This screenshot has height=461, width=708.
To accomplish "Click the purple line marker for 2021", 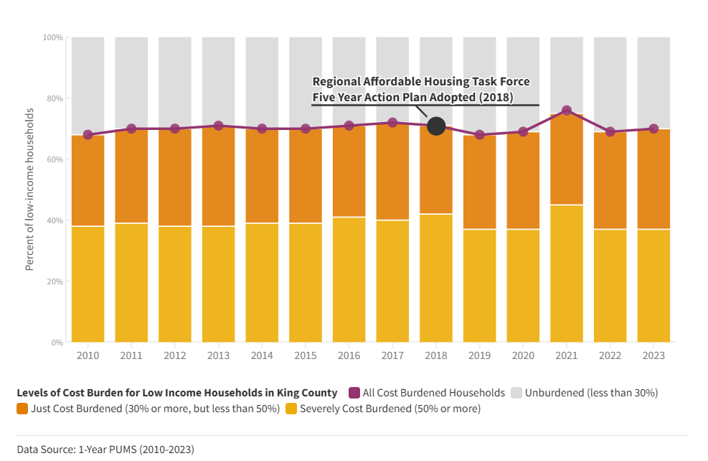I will [x=567, y=111].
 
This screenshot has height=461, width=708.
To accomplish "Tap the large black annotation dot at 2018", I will [x=436, y=126].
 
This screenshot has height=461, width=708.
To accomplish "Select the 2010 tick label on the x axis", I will [x=88, y=355].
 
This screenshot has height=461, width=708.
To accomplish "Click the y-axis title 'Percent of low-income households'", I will [x=29, y=190].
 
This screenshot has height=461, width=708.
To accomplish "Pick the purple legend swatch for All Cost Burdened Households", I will [x=354, y=393].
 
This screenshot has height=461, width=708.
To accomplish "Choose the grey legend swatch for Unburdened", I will [x=516, y=393].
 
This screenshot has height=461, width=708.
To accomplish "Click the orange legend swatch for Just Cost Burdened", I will [x=22, y=409].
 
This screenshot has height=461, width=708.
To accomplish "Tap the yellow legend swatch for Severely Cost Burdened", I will [x=291, y=409].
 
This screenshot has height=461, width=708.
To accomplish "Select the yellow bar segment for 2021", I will [x=567, y=273].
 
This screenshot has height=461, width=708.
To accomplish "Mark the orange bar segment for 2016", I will [x=349, y=171].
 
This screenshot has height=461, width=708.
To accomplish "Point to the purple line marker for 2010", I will [x=88, y=135].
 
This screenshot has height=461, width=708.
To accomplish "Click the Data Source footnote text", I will [x=105, y=450].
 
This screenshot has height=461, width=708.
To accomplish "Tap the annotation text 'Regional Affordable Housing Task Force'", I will [x=421, y=82].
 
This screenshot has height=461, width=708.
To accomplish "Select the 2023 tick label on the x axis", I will [x=653, y=355].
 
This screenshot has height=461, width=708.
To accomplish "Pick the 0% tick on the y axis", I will [x=57, y=343].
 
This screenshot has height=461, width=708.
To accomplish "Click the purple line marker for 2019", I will [x=480, y=135].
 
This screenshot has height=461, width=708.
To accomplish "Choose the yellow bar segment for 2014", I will [x=262, y=282].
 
